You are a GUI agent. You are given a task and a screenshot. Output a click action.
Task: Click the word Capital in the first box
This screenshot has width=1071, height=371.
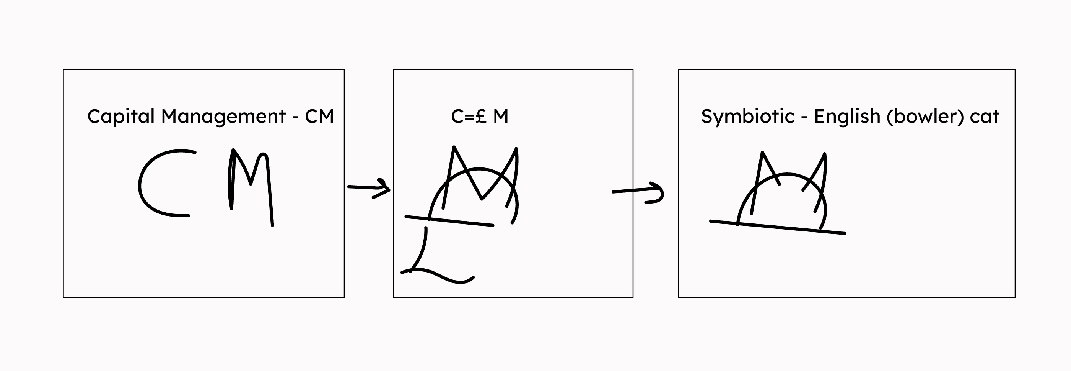pyautogui.click(x=121, y=117)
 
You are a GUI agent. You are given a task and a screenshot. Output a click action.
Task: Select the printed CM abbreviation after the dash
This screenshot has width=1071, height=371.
pyautogui.click(x=319, y=116)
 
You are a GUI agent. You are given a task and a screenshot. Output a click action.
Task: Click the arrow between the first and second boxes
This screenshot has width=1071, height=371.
pyautogui.click(x=369, y=188)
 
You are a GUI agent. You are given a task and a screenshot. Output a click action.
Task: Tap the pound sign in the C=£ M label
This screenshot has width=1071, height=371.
pyautogui.click(x=481, y=116)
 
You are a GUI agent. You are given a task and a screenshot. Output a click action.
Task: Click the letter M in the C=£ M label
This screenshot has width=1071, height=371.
pyautogui.click(x=501, y=116)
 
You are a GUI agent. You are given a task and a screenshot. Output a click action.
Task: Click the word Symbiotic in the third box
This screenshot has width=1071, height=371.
pyautogui.click(x=747, y=116)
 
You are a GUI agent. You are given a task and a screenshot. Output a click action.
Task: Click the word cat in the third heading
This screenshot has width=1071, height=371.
pyautogui.click(x=985, y=117)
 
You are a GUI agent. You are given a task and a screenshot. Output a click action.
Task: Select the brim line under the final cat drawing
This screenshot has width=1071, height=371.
pyautogui.click(x=778, y=227)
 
